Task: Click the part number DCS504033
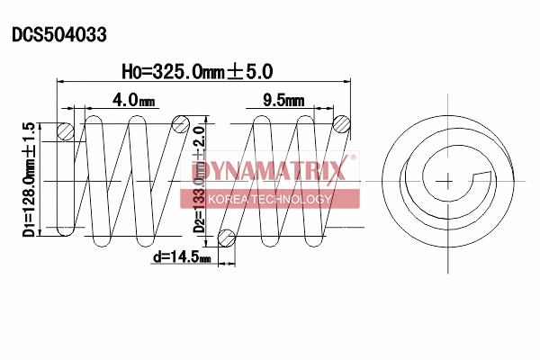click(x=59, y=35)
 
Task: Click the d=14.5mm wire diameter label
click(x=182, y=257)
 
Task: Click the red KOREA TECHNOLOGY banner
click(x=270, y=198)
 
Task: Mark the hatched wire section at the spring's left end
click(x=65, y=131)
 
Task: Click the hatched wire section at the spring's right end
click(x=341, y=124)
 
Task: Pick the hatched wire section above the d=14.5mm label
click(x=227, y=238)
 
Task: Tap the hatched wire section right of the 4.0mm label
click(x=181, y=123)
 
